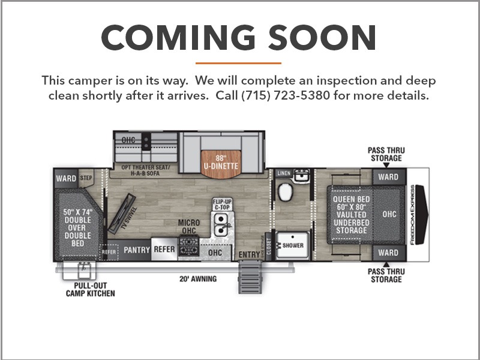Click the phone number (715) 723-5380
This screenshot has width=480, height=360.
286,95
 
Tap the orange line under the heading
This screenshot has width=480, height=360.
238,64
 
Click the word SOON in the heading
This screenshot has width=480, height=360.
322,37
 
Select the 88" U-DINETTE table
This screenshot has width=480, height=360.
221,164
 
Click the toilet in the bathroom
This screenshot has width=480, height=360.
286,192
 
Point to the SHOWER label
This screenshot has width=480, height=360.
293,245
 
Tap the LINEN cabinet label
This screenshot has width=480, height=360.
283,173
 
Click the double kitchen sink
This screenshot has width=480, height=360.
221,225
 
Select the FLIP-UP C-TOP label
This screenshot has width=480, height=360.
223,204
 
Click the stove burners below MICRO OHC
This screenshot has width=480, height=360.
188,245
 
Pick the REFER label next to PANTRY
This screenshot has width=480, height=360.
164,249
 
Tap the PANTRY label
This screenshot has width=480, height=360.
137,250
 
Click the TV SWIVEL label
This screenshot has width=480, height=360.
129,218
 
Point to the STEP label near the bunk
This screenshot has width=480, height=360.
86,178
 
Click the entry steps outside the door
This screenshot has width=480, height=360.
250,277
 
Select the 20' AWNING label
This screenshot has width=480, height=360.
198,279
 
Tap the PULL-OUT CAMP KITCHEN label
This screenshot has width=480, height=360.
91,290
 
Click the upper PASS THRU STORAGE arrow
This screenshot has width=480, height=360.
386,166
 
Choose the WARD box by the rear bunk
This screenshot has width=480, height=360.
66,178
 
